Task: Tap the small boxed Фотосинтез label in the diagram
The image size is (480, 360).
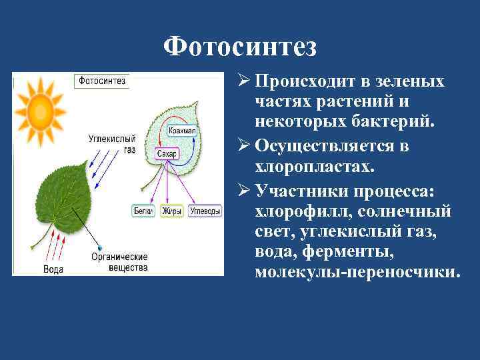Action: [x=102, y=81]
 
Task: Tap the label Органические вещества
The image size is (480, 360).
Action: [x=120, y=261]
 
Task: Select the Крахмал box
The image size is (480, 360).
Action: [x=181, y=131]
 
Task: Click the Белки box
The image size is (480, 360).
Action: [x=143, y=211]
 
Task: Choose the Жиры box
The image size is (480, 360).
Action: [x=172, y=211]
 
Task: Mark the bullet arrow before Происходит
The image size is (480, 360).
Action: [x=245, y=81]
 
